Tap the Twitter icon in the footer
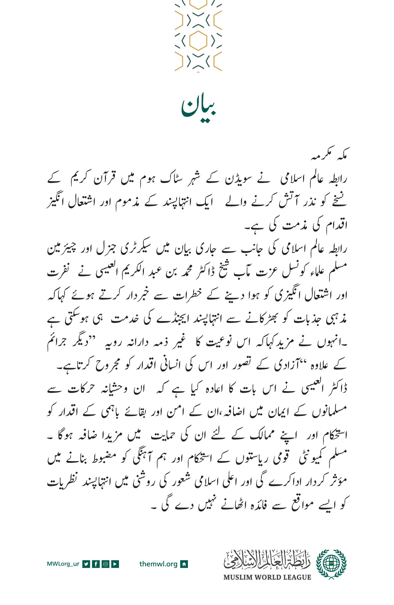[86, 564]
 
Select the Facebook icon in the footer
[96, 564]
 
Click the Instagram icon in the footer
[105, 564]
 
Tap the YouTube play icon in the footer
[115, 564]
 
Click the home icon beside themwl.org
[184, 564]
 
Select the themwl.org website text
[158, 564]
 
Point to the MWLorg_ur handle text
[63, 564]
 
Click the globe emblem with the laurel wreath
[331, 564]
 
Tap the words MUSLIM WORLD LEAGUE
[267, 577]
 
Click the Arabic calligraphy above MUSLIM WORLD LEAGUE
[267, 560]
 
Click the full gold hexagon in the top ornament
[198, 40]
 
